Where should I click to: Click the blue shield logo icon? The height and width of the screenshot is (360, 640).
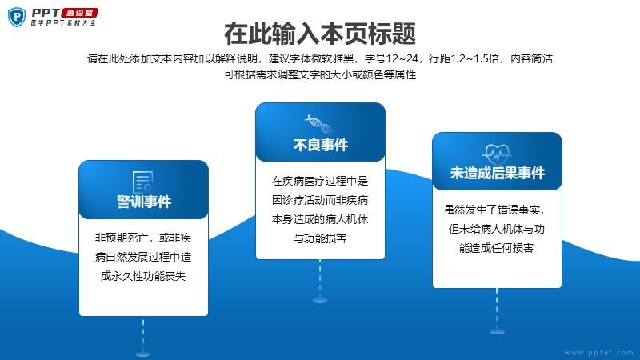coord(17,17)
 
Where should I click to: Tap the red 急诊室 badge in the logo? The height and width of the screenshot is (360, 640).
coord(79,13)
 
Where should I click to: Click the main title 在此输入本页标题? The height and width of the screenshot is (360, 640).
coord(320,34)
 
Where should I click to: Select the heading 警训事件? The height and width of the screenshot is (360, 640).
coord(144,202)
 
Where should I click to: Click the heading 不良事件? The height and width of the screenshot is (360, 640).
coord(321,145)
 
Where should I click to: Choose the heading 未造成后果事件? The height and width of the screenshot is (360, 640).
coord(497,173)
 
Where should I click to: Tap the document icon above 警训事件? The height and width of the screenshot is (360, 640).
coord(143,182)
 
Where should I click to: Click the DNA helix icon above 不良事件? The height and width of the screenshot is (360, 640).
coord(318,124)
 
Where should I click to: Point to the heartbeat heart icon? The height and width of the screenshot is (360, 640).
coord(496,154)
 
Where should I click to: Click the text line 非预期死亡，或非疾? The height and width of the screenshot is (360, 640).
coord(143,238)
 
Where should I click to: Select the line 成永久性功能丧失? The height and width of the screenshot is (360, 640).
coord(143,276)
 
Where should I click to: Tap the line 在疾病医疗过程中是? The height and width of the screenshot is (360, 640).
coord(320,181)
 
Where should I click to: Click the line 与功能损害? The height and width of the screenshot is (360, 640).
coord(320,238)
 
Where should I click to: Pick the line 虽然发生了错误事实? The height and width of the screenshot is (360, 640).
coord(494,210)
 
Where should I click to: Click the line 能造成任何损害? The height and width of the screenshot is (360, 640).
coord(496,248)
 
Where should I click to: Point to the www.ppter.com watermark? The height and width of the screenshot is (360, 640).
coord(598,353)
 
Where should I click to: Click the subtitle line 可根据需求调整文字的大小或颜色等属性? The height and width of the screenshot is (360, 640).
coord(320,74)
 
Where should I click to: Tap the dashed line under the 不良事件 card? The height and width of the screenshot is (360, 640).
coord(320,279)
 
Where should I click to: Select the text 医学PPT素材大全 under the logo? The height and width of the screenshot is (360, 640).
coord(64,23)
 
